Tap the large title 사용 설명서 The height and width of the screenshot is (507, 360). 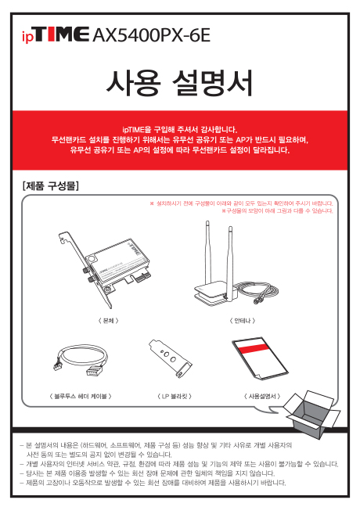coord(180,82)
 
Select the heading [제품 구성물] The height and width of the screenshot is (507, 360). coord(51,186)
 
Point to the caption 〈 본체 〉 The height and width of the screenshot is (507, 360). coord(108,321)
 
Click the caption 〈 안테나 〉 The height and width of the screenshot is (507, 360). coord(243,321)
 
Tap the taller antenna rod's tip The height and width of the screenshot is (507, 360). coord(207,222)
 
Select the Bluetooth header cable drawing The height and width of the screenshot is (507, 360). coord(81,359)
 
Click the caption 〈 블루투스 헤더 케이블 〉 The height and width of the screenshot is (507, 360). coord(81,396)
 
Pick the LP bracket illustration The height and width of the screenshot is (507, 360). coord(170,358)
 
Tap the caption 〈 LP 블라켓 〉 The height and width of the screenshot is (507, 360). coord(175,396)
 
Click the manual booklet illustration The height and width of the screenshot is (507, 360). coord(260,359)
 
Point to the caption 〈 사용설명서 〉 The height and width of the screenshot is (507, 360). coord(262,396)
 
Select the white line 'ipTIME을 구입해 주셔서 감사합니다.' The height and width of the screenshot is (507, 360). coord(180,130)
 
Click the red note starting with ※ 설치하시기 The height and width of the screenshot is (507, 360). coord(241,203)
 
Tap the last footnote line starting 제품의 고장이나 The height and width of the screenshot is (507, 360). coord(153,483)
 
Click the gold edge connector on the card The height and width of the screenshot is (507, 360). coord(142,278)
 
